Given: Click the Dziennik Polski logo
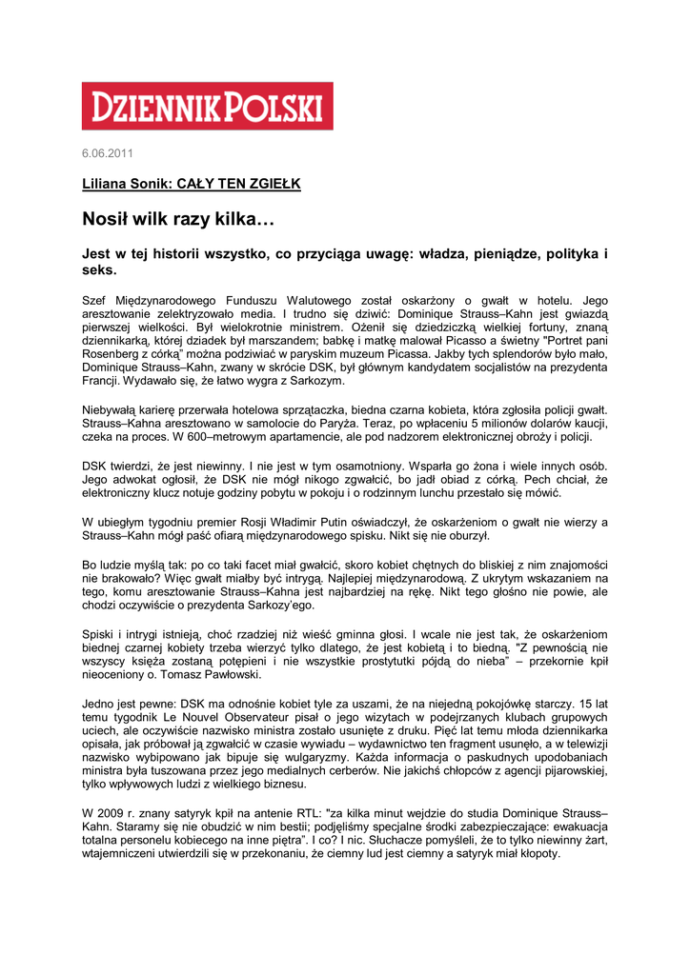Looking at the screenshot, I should click(x=207, y=106).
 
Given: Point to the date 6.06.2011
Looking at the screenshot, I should click(x=108, y=154).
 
